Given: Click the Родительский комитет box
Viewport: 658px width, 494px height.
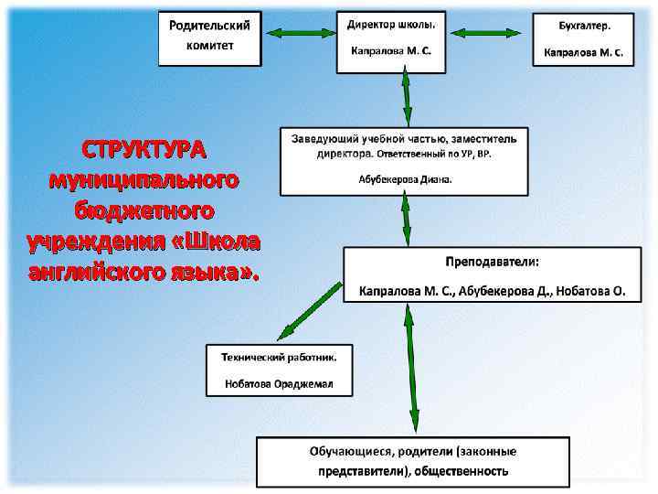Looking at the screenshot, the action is point(209,38).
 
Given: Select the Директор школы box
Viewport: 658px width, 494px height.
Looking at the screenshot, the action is point(390,40).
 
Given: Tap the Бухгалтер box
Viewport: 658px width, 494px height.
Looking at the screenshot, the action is point(583,38).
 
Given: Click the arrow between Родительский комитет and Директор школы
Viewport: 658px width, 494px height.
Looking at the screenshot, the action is point(299,33).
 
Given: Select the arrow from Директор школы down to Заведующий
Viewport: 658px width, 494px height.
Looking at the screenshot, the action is point(404,99).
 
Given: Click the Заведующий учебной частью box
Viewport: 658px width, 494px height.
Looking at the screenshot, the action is point(403,160).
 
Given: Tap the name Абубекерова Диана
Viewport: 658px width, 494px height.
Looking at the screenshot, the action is point(405,179).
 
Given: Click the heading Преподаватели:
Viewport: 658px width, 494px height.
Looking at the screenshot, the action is point(492,262).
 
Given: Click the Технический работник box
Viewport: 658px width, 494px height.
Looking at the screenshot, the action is point(279,369).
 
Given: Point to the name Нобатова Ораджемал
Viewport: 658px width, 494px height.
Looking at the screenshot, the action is point(279,384).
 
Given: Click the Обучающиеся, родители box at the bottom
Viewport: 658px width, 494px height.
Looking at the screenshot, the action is point(412,461).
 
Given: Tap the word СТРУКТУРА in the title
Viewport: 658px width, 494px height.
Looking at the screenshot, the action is point(143,148).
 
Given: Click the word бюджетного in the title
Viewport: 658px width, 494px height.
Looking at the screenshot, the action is point(145,209).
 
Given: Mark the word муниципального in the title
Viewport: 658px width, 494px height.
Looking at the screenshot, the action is point(144,178).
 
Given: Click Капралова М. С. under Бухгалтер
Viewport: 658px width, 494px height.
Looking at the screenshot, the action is point(583,52).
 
